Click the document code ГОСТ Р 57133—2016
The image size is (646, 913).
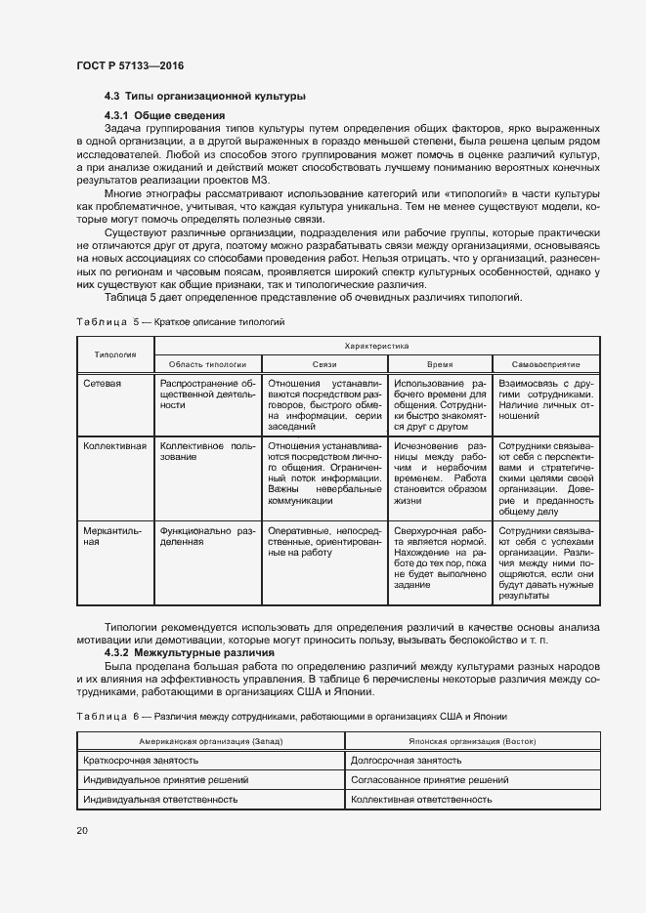[129, 65]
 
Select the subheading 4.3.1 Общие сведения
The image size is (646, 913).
[163, 116]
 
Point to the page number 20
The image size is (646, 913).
[81, 830]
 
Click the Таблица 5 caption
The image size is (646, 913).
[181, 321]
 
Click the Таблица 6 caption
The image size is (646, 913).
[291, 716]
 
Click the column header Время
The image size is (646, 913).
[439, 362]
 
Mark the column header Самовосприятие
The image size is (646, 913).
[544, 362]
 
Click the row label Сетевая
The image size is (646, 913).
[103, 384]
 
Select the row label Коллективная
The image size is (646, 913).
[115, 446]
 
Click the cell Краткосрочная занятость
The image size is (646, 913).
[142, 760]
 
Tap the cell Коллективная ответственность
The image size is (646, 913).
[420, 799]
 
